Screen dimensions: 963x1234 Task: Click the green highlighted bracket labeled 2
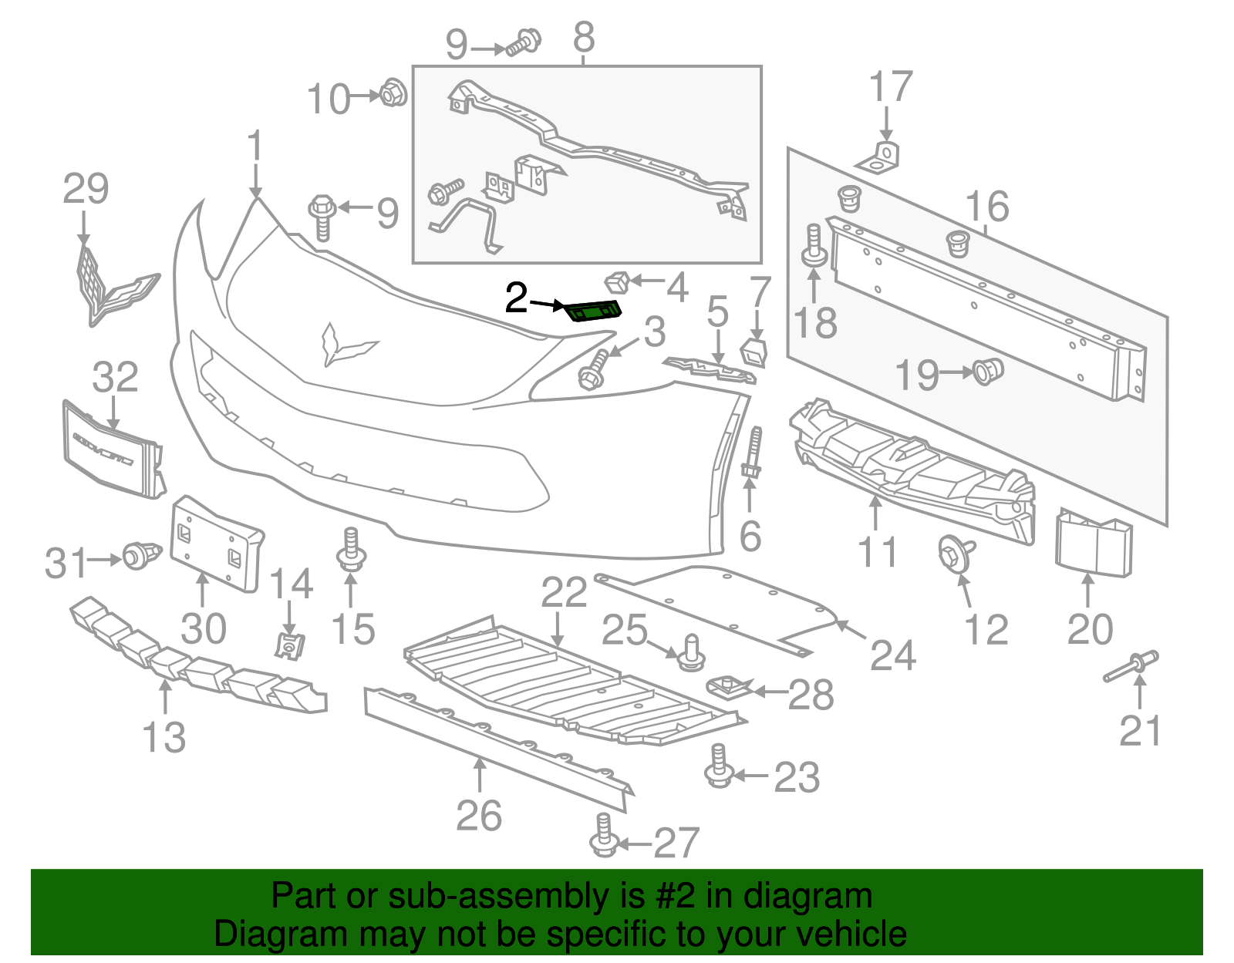(593, 311)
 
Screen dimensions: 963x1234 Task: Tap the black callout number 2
(516, 298)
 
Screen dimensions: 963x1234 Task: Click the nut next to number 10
(393, 94)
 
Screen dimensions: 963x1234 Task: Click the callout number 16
(987, 207)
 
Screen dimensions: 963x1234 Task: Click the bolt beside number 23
(719, 766)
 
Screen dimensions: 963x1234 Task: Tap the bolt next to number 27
(604, 836)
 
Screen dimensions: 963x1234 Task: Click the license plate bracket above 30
(215, 544)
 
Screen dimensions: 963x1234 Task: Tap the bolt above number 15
(351, 549)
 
